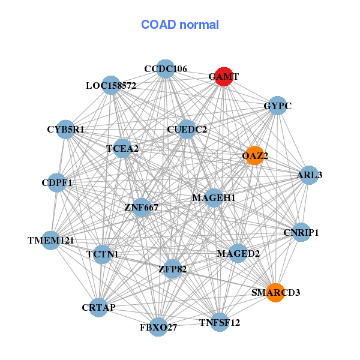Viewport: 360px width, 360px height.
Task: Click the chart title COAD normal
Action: pyautogui.click(x=180, y=25)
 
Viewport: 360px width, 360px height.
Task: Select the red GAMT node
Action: pyautogui.click(x=224, y=77)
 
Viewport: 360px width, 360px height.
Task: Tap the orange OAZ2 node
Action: pyautogui.click(x=254, y=155)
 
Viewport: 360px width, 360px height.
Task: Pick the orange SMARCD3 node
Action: pyautogui.click(x=275, y=292)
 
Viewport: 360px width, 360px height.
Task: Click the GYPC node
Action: pyautogui.click(x=277, y=106)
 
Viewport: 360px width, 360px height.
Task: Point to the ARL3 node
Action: pyautogui.click(x=309, y=175)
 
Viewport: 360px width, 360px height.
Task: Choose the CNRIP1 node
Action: pyautogui.click(x=301, y=232)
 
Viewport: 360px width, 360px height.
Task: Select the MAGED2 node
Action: pyautogui.click(x=238, y=253)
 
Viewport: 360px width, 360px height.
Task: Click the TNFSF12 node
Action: pyautogui.click(x=220, y=322)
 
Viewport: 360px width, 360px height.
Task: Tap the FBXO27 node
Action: pyautogui.click(x=158, y=327)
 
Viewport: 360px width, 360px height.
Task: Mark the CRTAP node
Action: pyautogui.click(x=99, y=307)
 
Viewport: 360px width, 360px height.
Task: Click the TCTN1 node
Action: pyautogui.click(x=103, y=254)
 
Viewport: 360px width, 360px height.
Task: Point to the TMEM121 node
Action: pyautogui.click(x=51, y=241)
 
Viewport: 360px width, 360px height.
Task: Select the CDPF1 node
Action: pyautogui.click(x=57, y=182)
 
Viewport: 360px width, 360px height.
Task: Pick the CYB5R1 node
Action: pyautogui.click(x=66, y=129)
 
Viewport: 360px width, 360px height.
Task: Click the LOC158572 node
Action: pyautogui.click(x=111, y=85)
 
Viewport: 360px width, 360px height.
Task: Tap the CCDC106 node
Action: pyautogui.click(x=166, y=68)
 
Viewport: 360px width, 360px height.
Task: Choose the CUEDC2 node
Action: pyautogui.click(x=187, y=129)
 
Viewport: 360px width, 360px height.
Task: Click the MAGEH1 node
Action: pyautogui.click(x=214, y=197)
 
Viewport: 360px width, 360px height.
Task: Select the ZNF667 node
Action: pyautogui.click(x=142, y=208)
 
